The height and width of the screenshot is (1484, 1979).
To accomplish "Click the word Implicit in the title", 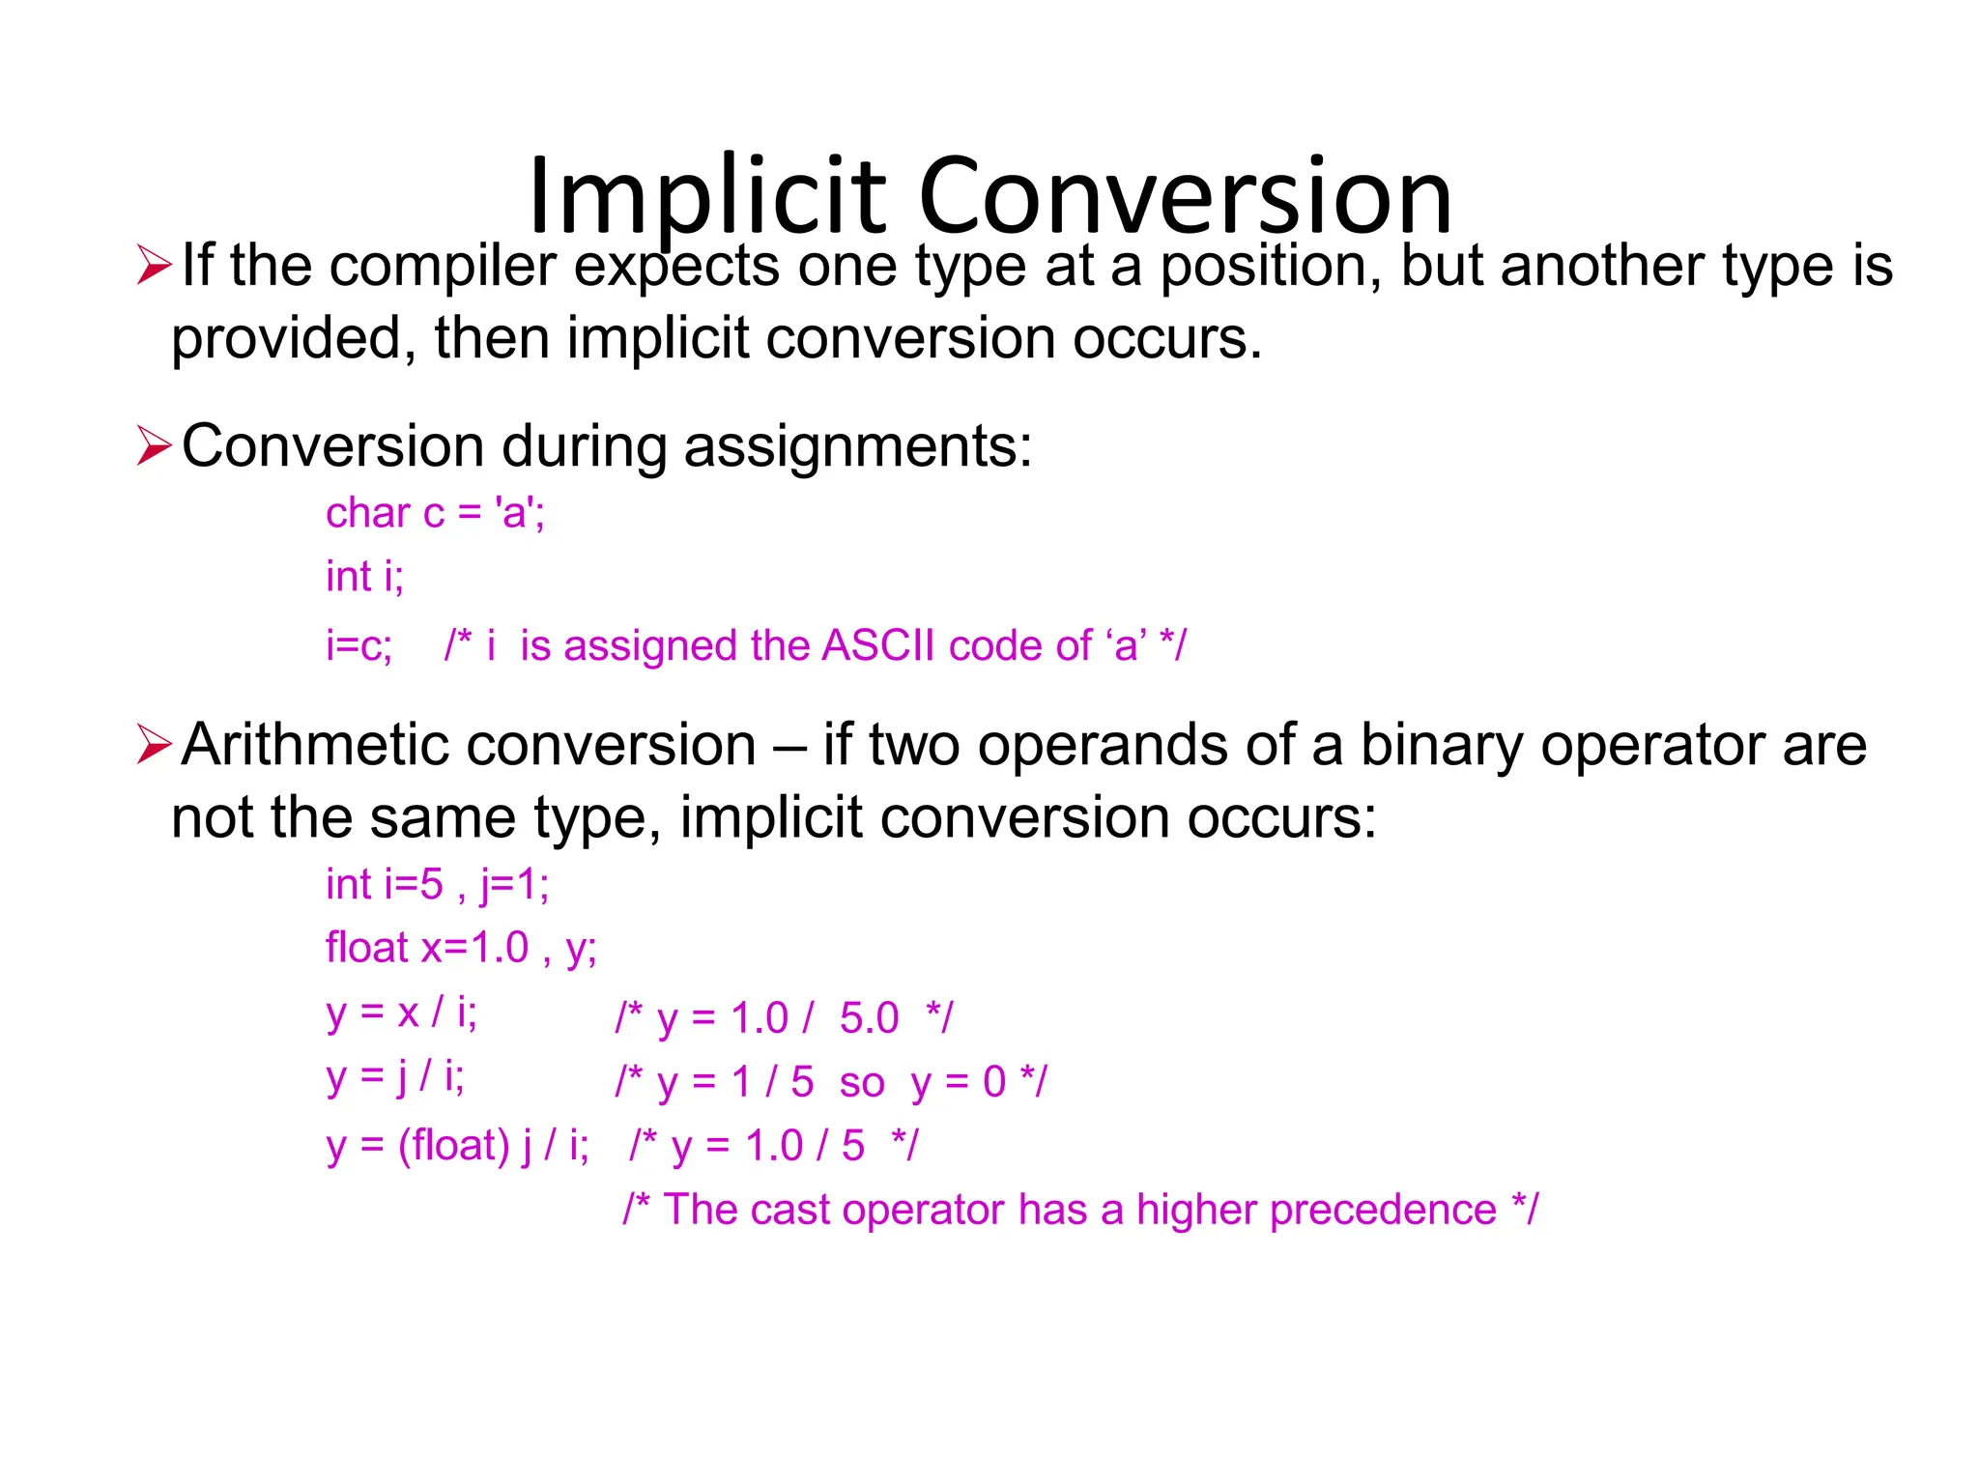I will click(706, 197).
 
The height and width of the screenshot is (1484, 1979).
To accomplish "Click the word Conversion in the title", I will click(1186, 197).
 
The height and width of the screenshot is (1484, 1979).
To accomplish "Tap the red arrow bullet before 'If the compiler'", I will click(154, 265).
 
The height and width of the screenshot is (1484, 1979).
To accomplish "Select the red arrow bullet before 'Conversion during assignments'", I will click(154, 445).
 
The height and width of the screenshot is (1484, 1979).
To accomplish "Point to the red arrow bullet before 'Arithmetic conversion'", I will click(154, 744).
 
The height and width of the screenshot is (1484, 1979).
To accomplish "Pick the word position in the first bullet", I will click(1271, 267).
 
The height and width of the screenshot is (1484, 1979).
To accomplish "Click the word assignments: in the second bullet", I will click(858, 447).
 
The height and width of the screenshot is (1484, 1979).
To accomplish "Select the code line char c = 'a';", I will click(435, 513).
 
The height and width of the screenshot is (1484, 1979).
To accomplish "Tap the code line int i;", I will click(364, 577).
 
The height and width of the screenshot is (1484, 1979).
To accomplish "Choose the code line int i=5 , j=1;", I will click(437, 885).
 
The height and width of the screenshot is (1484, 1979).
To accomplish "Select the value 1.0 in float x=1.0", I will click(499, 948).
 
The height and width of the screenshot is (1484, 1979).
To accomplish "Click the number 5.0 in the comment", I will click(869, 1018).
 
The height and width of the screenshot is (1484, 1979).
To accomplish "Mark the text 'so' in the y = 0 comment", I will click(861, 1083).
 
